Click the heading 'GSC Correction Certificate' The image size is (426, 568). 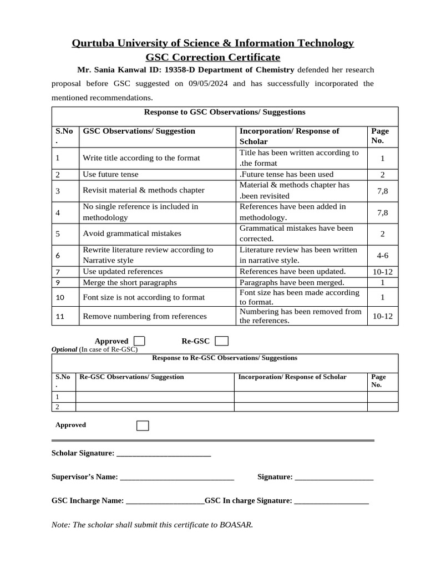213,57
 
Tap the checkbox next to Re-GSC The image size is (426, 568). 221,341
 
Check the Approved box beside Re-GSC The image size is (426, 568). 140,341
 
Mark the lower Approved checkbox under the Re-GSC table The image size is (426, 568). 143,425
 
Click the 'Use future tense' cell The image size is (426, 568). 111,174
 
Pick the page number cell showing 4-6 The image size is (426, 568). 382,255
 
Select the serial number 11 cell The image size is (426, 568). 61,316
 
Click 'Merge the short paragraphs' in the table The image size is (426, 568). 130,282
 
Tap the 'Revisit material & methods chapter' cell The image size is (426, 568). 144,190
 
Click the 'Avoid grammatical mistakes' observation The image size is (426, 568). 132,234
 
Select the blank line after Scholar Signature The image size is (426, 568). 164,454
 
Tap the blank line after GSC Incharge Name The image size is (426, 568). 165,501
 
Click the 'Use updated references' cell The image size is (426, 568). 123,272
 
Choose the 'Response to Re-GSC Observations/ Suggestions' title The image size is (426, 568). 225,358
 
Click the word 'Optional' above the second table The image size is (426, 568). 64,349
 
